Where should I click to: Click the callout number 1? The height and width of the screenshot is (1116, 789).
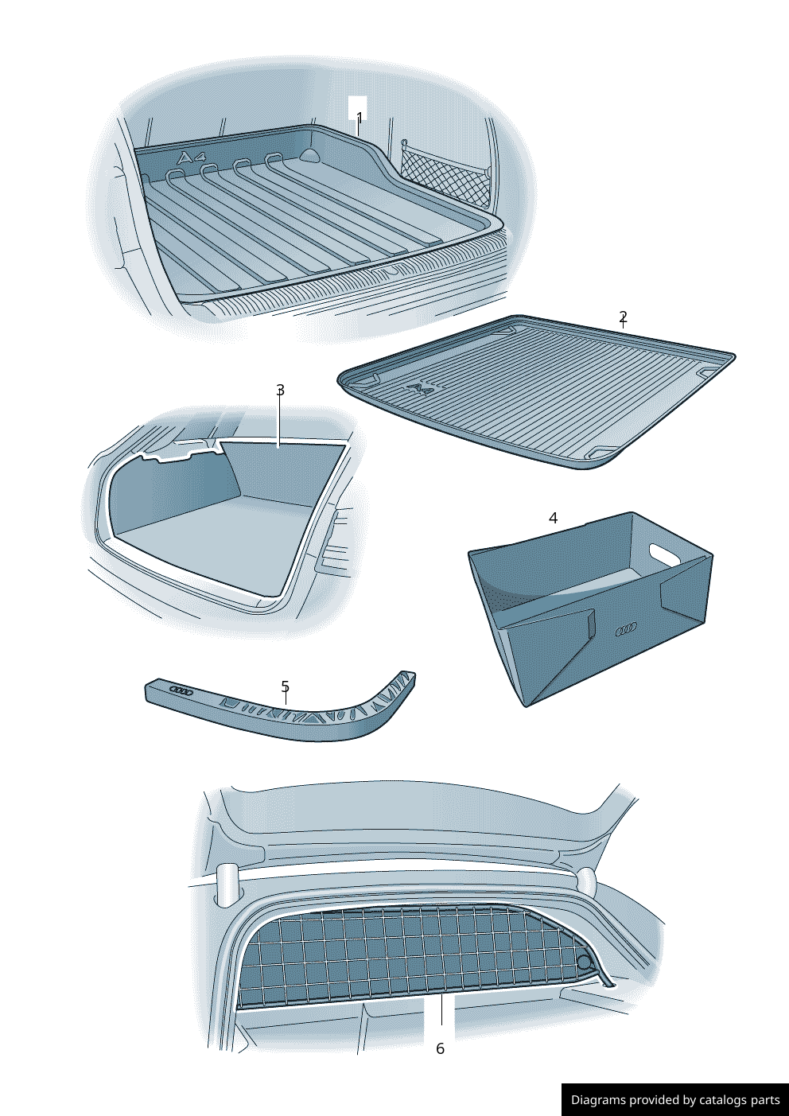click(x=360, y=119)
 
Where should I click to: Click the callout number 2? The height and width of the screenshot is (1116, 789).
click(x=623, y=317)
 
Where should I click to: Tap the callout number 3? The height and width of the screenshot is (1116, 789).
click(x=281, y=390)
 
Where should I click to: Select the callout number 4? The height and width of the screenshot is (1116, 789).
click(x=553, y=518)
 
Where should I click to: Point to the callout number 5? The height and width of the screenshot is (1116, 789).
click(x=285, y=686)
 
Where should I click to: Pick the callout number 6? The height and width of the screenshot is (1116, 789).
click(x=441, y=1048)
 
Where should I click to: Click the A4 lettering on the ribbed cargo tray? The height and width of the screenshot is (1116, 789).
click(x=191, y=158)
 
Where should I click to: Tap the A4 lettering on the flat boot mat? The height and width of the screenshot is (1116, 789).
click(x=418, y=387)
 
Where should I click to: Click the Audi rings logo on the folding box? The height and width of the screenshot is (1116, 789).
click(x=626, y=631)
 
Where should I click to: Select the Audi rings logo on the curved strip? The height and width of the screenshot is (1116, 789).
click(x=181, y=690)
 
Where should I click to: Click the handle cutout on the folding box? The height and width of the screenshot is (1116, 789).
click(x=665, y=554)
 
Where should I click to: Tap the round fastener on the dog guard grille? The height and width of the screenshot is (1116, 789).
click(x=585, y=963)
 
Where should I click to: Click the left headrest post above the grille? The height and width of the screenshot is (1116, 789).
click(x=228, y=885)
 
